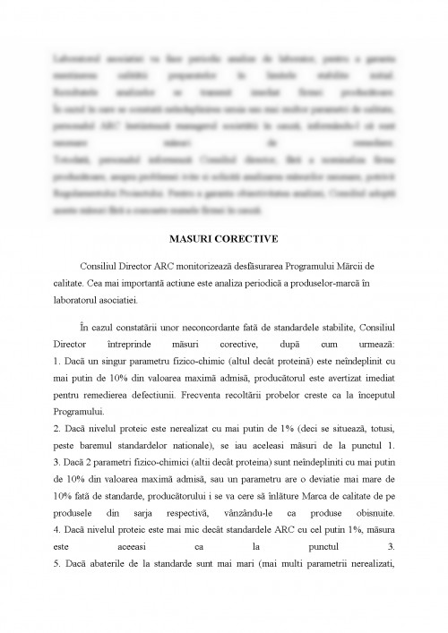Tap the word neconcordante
point(201,328)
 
